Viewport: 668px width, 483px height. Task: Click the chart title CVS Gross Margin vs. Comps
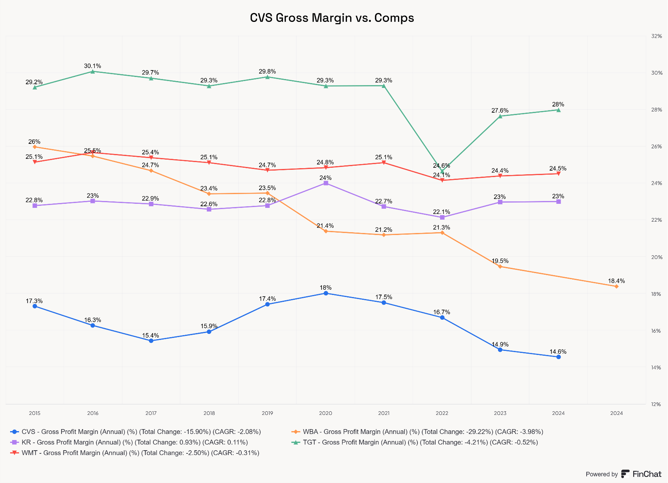point(332,18)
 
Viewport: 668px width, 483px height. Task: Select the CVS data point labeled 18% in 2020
point(325,293)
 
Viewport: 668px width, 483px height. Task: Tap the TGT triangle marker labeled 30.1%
point(93,72)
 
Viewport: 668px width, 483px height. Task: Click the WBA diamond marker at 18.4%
point(616,286)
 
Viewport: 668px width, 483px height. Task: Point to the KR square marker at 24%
point(325,183)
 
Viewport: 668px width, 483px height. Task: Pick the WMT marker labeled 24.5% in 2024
point(558,173)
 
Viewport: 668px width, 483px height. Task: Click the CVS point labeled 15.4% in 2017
point(151,341)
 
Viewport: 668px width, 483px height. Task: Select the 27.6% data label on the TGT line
point(500,110)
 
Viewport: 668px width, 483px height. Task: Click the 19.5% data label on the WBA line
point(500,261)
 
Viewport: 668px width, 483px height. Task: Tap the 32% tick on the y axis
point(656,36)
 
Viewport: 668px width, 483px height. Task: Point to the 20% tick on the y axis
point(656,257)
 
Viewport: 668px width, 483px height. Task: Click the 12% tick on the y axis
point(656,404)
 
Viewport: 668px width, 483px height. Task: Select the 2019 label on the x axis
point(267,413)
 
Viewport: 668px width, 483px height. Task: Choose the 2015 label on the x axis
point(35,413)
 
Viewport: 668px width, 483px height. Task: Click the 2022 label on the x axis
point(442,413)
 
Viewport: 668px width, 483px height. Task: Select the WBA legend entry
point(417,432)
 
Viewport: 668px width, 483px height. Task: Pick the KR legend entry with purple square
point(130,442)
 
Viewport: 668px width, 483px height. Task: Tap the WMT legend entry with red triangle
point(136,453)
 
